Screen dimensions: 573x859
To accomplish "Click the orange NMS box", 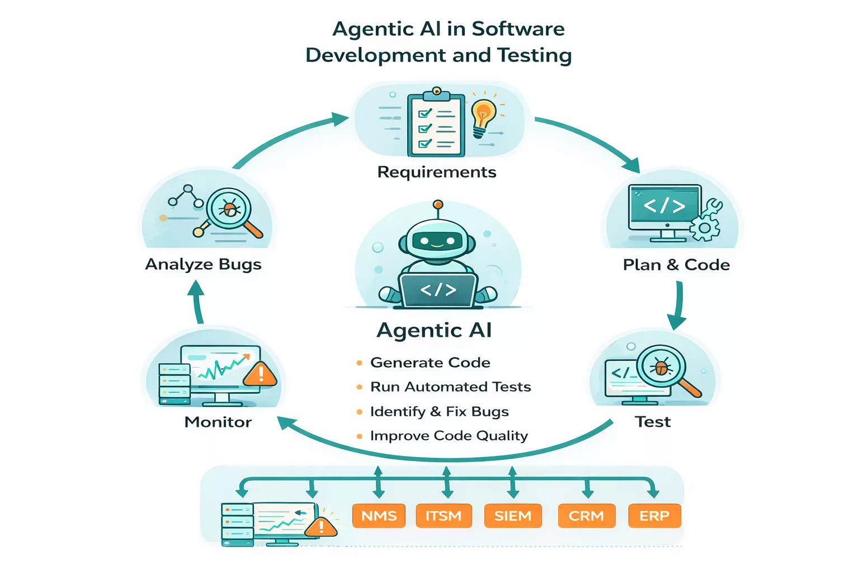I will [x=379, y=515].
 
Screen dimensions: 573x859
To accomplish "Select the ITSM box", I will [x=443, y=515].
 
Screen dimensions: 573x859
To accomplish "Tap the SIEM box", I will [x=512, y=515].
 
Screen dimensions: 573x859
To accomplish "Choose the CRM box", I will [x=586, y=515].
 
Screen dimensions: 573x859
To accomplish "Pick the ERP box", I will [x=654, y=515].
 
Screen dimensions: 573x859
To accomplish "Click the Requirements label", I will [x=437, y=172].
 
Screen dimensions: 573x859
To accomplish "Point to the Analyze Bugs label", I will [x=203, y=264].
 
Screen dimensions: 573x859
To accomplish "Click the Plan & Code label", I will [x=676, y=265].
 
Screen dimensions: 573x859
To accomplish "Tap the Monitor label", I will [x=218, y=422].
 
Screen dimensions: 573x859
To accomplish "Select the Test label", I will [x=653, y=421].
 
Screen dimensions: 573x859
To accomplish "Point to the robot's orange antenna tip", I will [x=438, y=205].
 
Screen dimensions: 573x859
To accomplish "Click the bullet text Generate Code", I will [x=430, y=363].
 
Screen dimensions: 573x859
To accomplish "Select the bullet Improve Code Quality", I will [x=449, y=435].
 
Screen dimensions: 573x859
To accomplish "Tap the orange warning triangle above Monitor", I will [x=260, y=374].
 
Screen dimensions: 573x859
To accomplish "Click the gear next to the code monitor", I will [x=704, y=228].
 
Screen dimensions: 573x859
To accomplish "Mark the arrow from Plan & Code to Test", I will [x=678, y=305].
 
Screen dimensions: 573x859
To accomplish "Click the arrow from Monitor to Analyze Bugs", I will [x=197, y=302].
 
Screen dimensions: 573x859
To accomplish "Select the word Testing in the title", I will [x=534, y=55].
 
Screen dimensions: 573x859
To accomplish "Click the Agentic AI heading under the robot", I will [x=434, y=330].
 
